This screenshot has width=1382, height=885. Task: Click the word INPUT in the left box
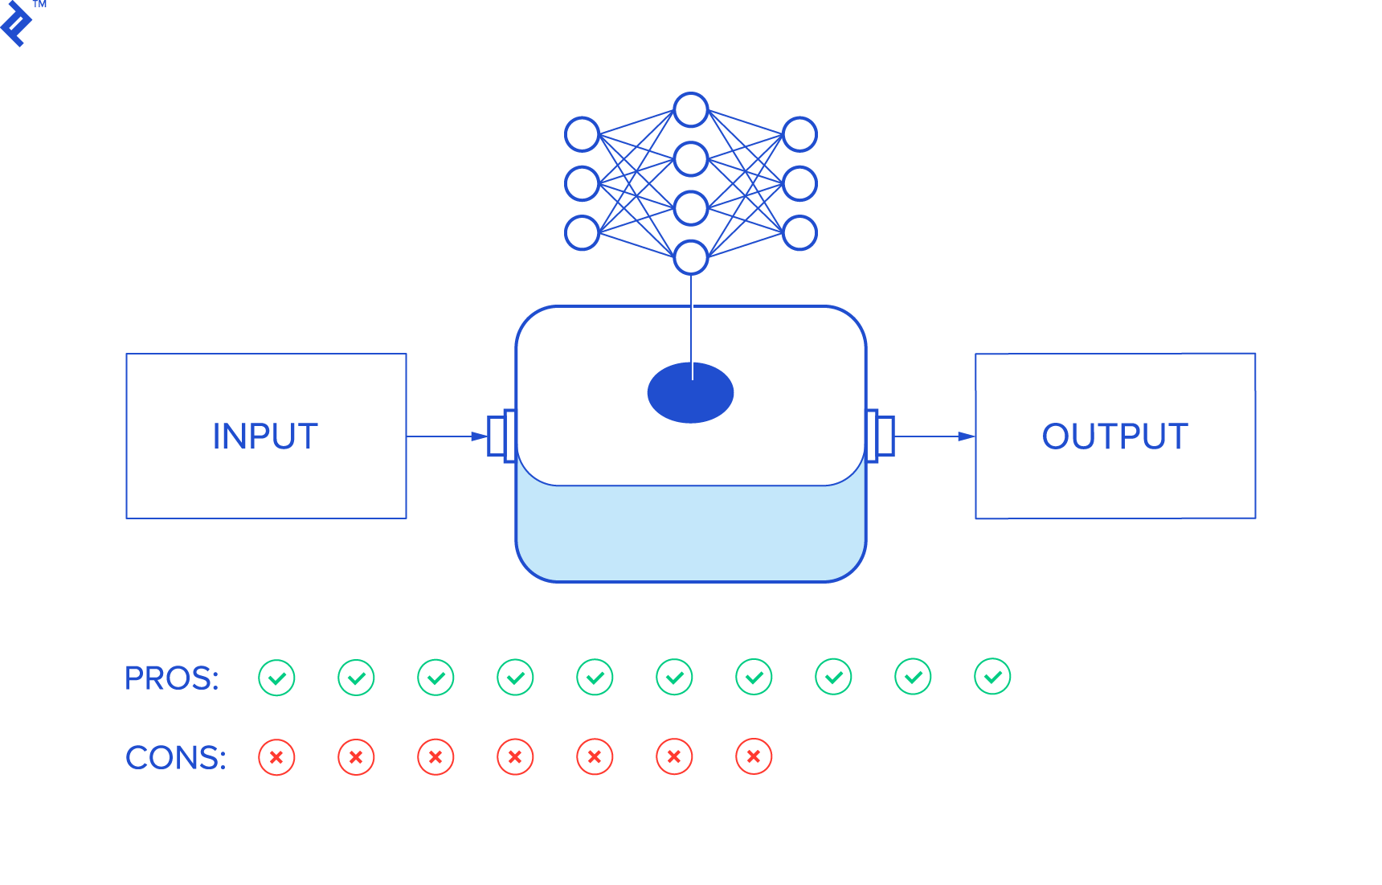[x=265, y=436]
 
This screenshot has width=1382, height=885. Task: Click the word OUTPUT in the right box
[x=1114, y=436]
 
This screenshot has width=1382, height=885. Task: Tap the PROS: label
[x=171, y=678]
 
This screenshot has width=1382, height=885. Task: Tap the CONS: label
[x=175, y=758]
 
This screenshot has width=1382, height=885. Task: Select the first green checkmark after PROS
[x=276, y=678]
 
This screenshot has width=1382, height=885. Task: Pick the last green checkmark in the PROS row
[x=992, y=677]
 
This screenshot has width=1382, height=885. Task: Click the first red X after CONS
[x=276, y=757]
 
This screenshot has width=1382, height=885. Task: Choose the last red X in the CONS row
[x=754, y=756]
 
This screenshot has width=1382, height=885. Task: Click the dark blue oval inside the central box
[x=690, y=393]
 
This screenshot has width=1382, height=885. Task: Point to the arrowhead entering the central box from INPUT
[x=479, y=436]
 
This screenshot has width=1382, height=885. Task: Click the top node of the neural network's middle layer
[x=691, y=110]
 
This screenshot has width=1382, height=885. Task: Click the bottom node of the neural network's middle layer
[x=691, y=257]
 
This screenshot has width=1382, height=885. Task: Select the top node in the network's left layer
[x=583, y=134]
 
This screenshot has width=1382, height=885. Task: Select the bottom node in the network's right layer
[x=799, y=232]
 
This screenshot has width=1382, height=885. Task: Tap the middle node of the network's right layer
[x=799, y=183]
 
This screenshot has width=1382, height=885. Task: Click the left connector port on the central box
[x=501, y=436]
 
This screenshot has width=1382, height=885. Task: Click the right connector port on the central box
[x=881, y=436]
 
